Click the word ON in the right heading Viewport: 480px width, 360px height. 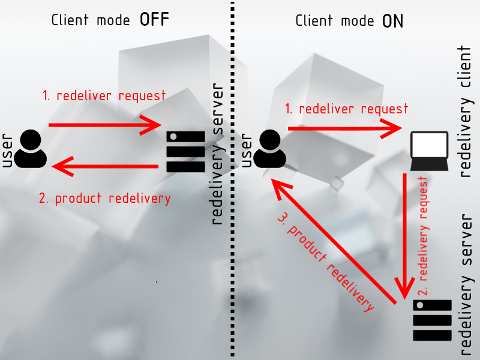[x=393, y=22]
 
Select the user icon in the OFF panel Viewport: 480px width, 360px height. [x=30, y=148]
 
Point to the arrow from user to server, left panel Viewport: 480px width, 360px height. [x=105, y=125]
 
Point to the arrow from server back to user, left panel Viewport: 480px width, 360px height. [x=105, y=165]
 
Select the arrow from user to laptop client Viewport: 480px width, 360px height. [x=344, y=128]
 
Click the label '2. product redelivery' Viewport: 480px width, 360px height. [x=104, y=199]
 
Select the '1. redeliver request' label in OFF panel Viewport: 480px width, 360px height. [x=104, y=95]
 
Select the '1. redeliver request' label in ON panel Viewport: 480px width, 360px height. [x=346, y=109]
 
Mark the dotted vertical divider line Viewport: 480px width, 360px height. [x=232, y=180]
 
